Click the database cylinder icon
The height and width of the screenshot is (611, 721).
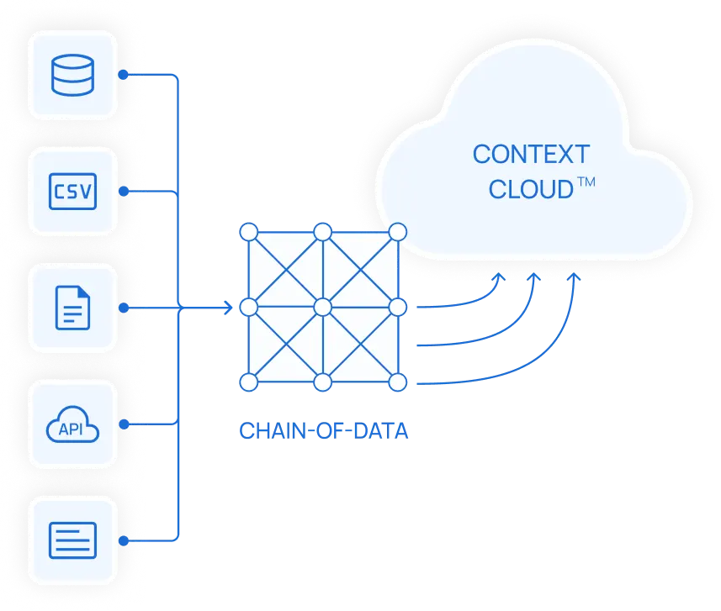[72, 75]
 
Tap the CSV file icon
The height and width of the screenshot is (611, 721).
[72, 192]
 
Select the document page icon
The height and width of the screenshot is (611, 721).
[72, 308]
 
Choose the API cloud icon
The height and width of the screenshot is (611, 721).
[72, 424]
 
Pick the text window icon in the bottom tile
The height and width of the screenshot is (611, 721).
[72, 540]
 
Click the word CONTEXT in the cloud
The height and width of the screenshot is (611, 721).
[531, 155]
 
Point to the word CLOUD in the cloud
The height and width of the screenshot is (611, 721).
[530, 190]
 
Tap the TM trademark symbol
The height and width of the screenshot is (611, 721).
[586, 182]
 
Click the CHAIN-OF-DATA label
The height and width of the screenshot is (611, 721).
[324, 431]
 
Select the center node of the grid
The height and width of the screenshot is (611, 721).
[323, 308]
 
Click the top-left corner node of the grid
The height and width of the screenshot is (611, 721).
[248, 231]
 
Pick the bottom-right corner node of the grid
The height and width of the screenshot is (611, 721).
[399, 383]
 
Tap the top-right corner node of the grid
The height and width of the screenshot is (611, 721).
[399, 231]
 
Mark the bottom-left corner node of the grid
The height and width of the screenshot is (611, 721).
[248, 383]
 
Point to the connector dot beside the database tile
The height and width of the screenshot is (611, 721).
[123, 75]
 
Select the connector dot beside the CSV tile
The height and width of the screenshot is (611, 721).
[123, 192]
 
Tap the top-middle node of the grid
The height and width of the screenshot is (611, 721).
[323, 231]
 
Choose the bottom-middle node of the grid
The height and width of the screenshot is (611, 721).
[323, 383]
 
